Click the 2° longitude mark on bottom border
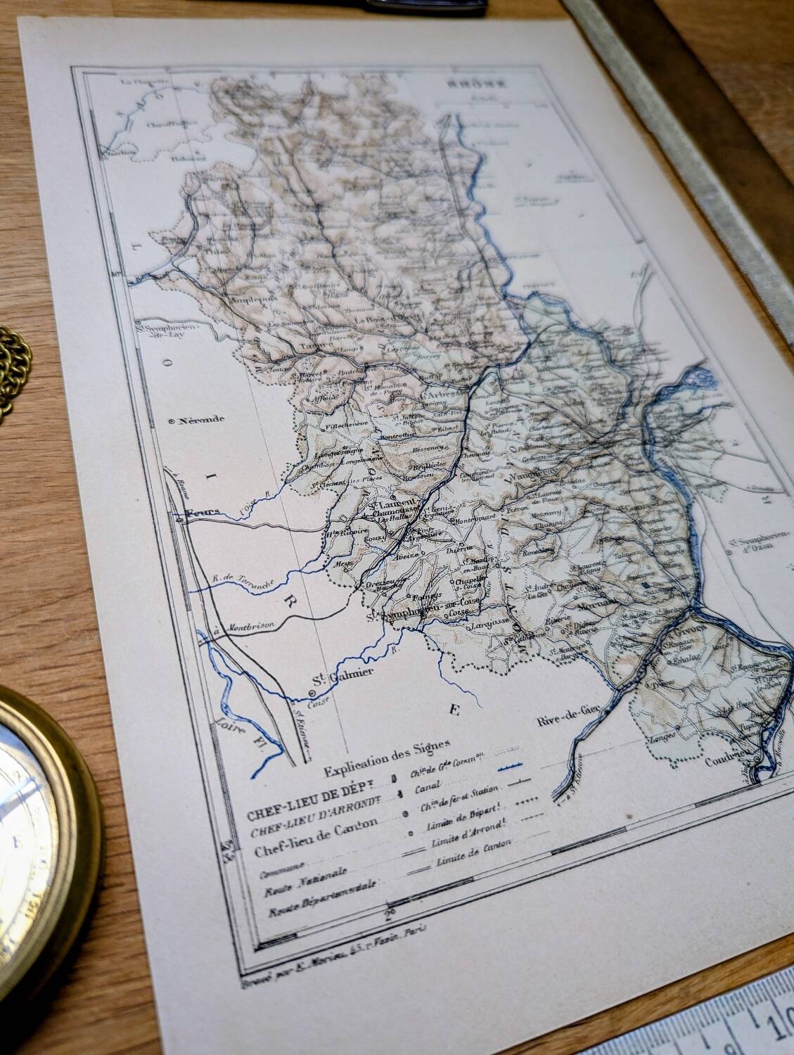(x=389, y=915)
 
